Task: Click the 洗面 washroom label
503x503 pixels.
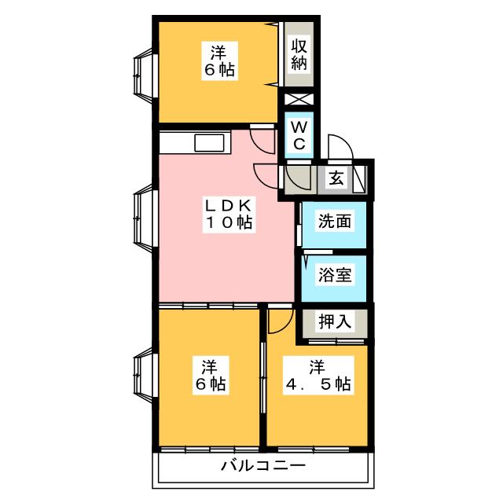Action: click(334, 221)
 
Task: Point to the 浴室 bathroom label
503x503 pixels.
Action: click(334, 275)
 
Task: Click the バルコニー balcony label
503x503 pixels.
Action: click(263, 466)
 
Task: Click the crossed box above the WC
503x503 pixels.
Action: click(299, 101)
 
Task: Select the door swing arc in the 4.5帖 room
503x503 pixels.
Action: click(278, 320)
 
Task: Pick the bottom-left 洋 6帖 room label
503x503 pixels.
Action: click(208, 376)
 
